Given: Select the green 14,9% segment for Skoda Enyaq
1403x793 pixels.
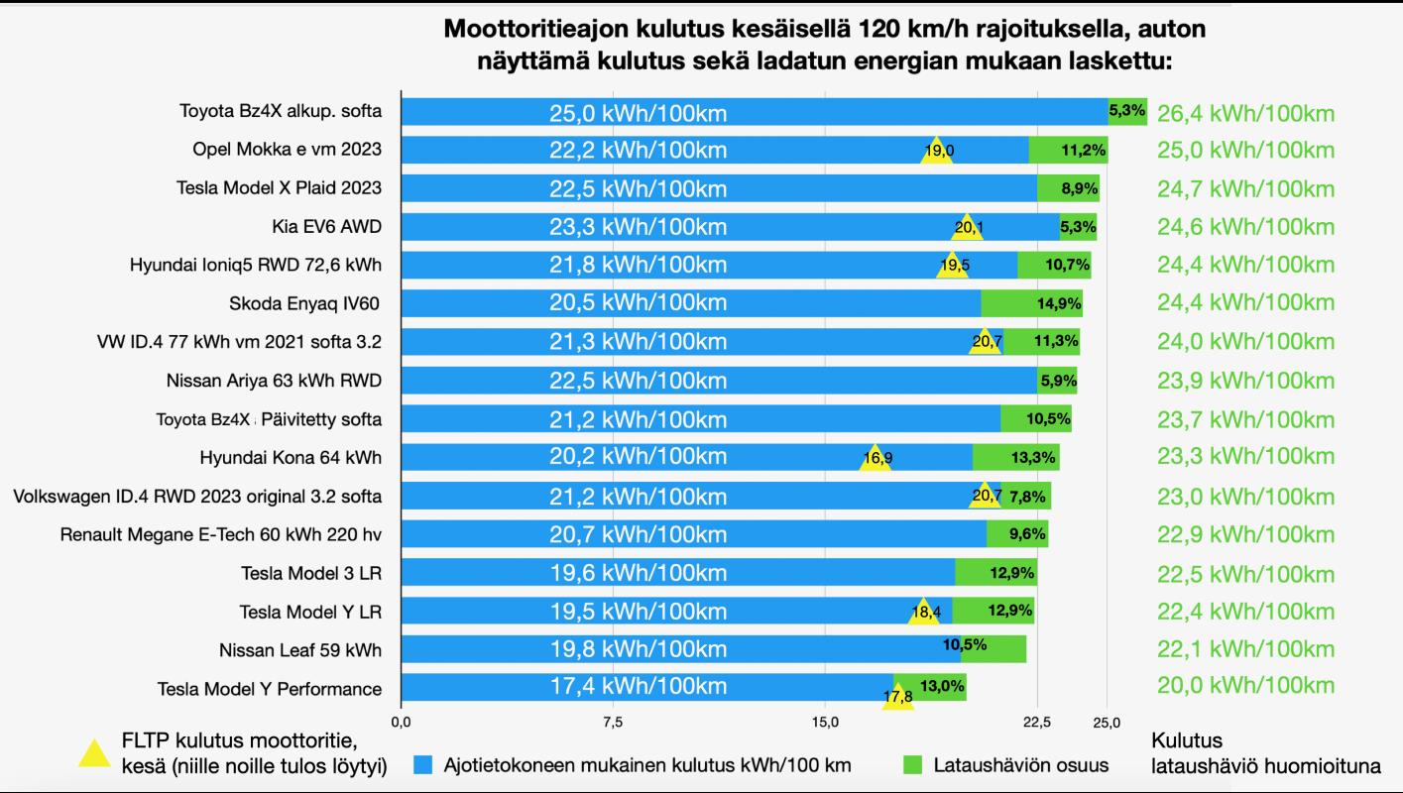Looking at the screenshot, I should tap(1031, 303).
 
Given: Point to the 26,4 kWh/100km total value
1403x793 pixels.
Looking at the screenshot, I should tap(1245, 113).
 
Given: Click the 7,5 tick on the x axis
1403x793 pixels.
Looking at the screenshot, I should tap(613, 721).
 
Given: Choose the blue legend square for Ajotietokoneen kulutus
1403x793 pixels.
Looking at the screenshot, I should tap(423, 764).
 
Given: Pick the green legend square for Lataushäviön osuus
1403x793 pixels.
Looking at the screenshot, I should tap(913, 764).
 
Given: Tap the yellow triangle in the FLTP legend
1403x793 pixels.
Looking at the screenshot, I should tap(94, 754).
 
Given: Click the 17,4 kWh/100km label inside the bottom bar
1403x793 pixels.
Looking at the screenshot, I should tap(638, 687).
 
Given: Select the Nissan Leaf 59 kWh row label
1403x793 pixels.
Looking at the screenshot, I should tap(299, 650).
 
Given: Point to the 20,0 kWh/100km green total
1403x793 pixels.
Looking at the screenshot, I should tap(1245, 685).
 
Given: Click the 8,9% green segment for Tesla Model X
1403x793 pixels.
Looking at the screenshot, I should tap(1068, 188).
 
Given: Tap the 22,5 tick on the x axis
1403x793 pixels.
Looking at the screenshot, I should tap(1036, 721).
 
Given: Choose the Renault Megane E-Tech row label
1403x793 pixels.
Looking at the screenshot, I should tap(220, 535).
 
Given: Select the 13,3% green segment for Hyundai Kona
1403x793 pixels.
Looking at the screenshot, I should tap(1015, 457).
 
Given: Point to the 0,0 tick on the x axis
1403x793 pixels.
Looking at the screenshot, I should tap(402, 721).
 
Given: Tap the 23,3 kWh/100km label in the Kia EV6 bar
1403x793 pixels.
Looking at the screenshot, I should tap(638, 227).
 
